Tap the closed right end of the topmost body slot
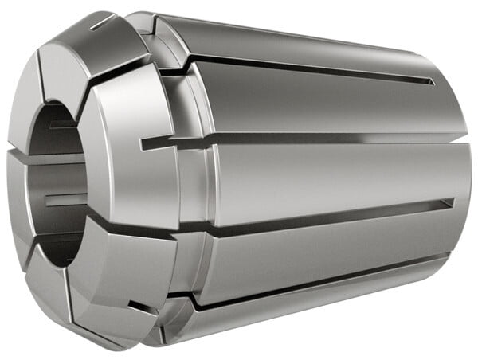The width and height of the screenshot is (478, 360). (430, 81)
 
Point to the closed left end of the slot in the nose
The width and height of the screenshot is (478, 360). (144, 146)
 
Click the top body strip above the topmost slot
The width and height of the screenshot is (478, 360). (303, 40)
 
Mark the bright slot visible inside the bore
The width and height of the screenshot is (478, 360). (64, 199)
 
